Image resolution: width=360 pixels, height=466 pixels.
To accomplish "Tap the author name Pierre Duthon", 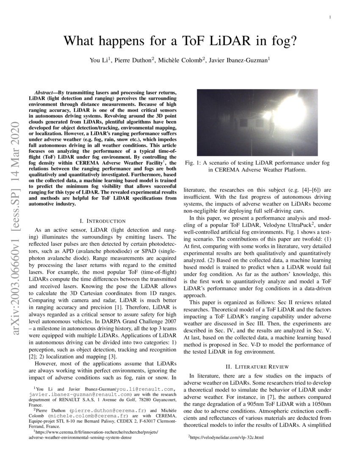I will click(134, 61).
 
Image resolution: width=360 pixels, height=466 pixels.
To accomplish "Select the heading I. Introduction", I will click(102, 221).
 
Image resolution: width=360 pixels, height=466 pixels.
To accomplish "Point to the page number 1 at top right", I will click(330, 17).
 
